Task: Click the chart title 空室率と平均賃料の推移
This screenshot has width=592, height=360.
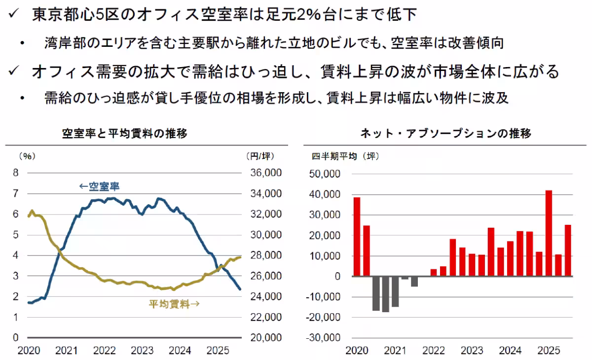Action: click(x=124, y=133)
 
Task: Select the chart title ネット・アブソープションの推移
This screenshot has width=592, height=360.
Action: click(x=445, y=133)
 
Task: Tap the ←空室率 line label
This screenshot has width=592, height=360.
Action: click(x=99, y=186)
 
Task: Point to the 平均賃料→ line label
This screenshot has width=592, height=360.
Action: click(x=174, y=304)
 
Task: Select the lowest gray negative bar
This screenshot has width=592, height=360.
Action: click(x=385, y=294)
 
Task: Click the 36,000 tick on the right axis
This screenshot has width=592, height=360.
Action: click(x=263, y=173)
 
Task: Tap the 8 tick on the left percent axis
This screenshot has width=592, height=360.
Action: click(x=16, y=173)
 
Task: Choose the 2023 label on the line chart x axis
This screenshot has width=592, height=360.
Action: click(x=142, y=351)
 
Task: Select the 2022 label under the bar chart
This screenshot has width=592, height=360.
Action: click(x=434, y=351)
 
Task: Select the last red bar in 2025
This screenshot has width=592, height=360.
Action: click(x=568, y=250)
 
